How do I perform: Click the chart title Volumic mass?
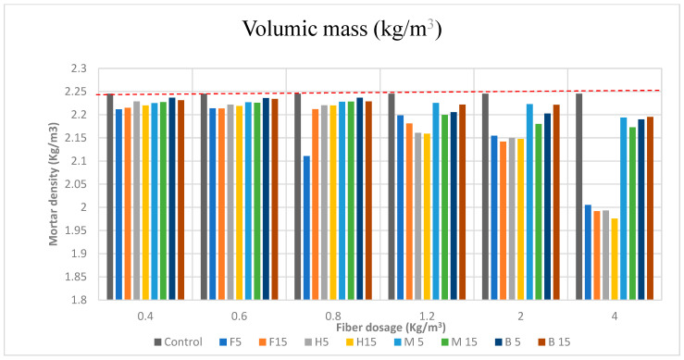(x=342, y=29)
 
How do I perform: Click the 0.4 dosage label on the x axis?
(x=144, y=317)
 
